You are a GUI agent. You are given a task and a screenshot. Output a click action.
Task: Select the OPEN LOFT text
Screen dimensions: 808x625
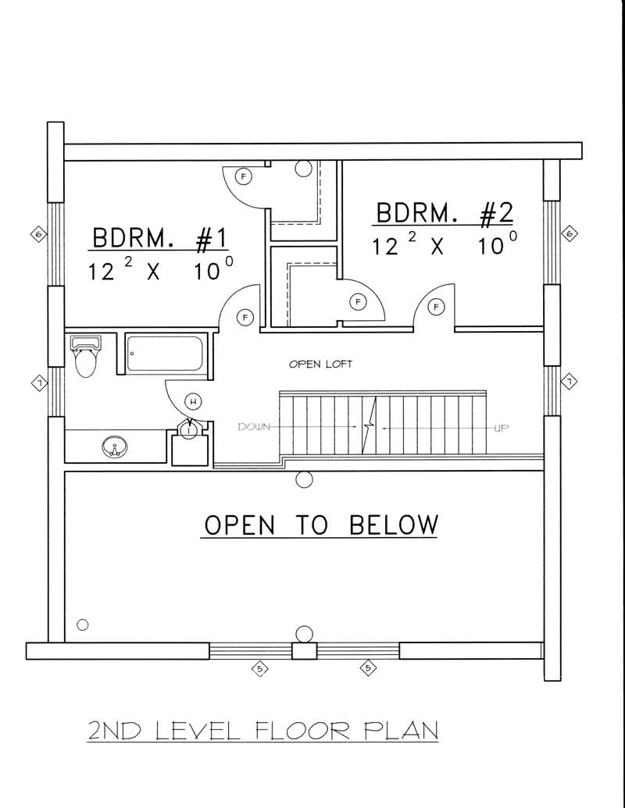tap(320, 364)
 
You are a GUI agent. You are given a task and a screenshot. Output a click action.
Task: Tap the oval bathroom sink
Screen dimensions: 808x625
tap(115, 447)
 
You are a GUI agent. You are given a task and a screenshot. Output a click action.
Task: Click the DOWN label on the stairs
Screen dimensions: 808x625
tap(255, 427)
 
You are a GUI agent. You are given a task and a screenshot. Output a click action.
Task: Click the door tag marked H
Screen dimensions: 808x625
tap(193, 402)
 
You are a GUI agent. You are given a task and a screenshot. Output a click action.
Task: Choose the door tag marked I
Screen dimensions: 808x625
tap(188, 429)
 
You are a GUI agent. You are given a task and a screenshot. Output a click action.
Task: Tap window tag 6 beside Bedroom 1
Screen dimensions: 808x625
tap(37, 233)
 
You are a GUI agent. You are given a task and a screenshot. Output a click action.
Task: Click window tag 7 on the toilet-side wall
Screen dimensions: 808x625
tap(37, 382)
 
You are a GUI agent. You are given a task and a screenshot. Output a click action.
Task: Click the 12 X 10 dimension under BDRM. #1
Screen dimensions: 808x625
tap(159, 272)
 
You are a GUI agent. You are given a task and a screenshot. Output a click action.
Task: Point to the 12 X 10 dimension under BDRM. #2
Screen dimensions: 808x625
tap(443, 245)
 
